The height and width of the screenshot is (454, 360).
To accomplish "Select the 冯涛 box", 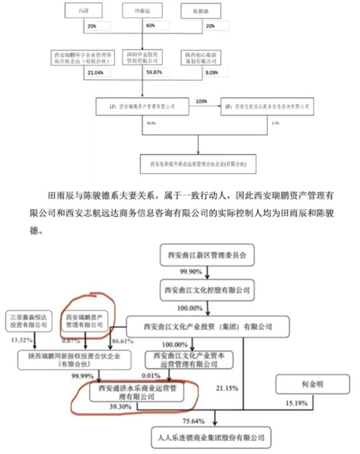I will click(x=85, y=11).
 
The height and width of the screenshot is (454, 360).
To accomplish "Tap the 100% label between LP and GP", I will click(x=202, y=100).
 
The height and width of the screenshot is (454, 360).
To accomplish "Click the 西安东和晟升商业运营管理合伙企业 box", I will click(x=199, y=164).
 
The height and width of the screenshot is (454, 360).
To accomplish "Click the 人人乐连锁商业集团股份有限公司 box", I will click(x=211, y=437).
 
